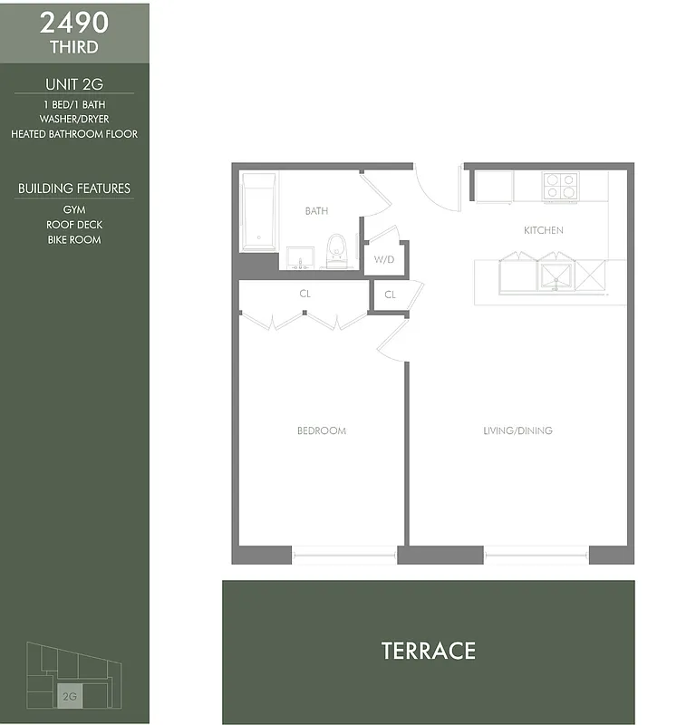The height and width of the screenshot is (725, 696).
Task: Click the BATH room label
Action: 316,211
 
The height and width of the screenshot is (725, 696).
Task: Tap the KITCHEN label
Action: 543,230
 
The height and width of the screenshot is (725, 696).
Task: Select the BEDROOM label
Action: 322,430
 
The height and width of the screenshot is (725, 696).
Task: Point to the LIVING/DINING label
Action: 517,430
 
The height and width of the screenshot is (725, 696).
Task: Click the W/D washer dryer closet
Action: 384,259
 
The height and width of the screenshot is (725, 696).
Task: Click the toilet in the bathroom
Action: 336,251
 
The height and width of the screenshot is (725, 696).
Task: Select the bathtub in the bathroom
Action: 260,212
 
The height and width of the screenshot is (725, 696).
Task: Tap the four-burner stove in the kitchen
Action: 560,186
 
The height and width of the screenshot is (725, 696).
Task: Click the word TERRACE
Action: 428,651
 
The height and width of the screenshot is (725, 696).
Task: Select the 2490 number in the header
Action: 74,23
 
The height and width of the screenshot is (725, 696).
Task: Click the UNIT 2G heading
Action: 74,84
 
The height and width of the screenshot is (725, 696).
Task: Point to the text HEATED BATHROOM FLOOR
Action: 74,134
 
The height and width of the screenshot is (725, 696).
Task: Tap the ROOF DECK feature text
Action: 74,225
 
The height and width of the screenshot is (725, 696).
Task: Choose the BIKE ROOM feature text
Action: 74,240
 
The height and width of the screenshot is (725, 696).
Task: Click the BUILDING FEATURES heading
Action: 74,188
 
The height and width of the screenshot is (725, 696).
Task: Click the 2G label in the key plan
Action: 69,697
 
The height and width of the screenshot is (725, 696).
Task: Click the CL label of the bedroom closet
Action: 304,294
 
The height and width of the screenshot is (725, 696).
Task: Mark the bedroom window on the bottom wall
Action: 344,555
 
